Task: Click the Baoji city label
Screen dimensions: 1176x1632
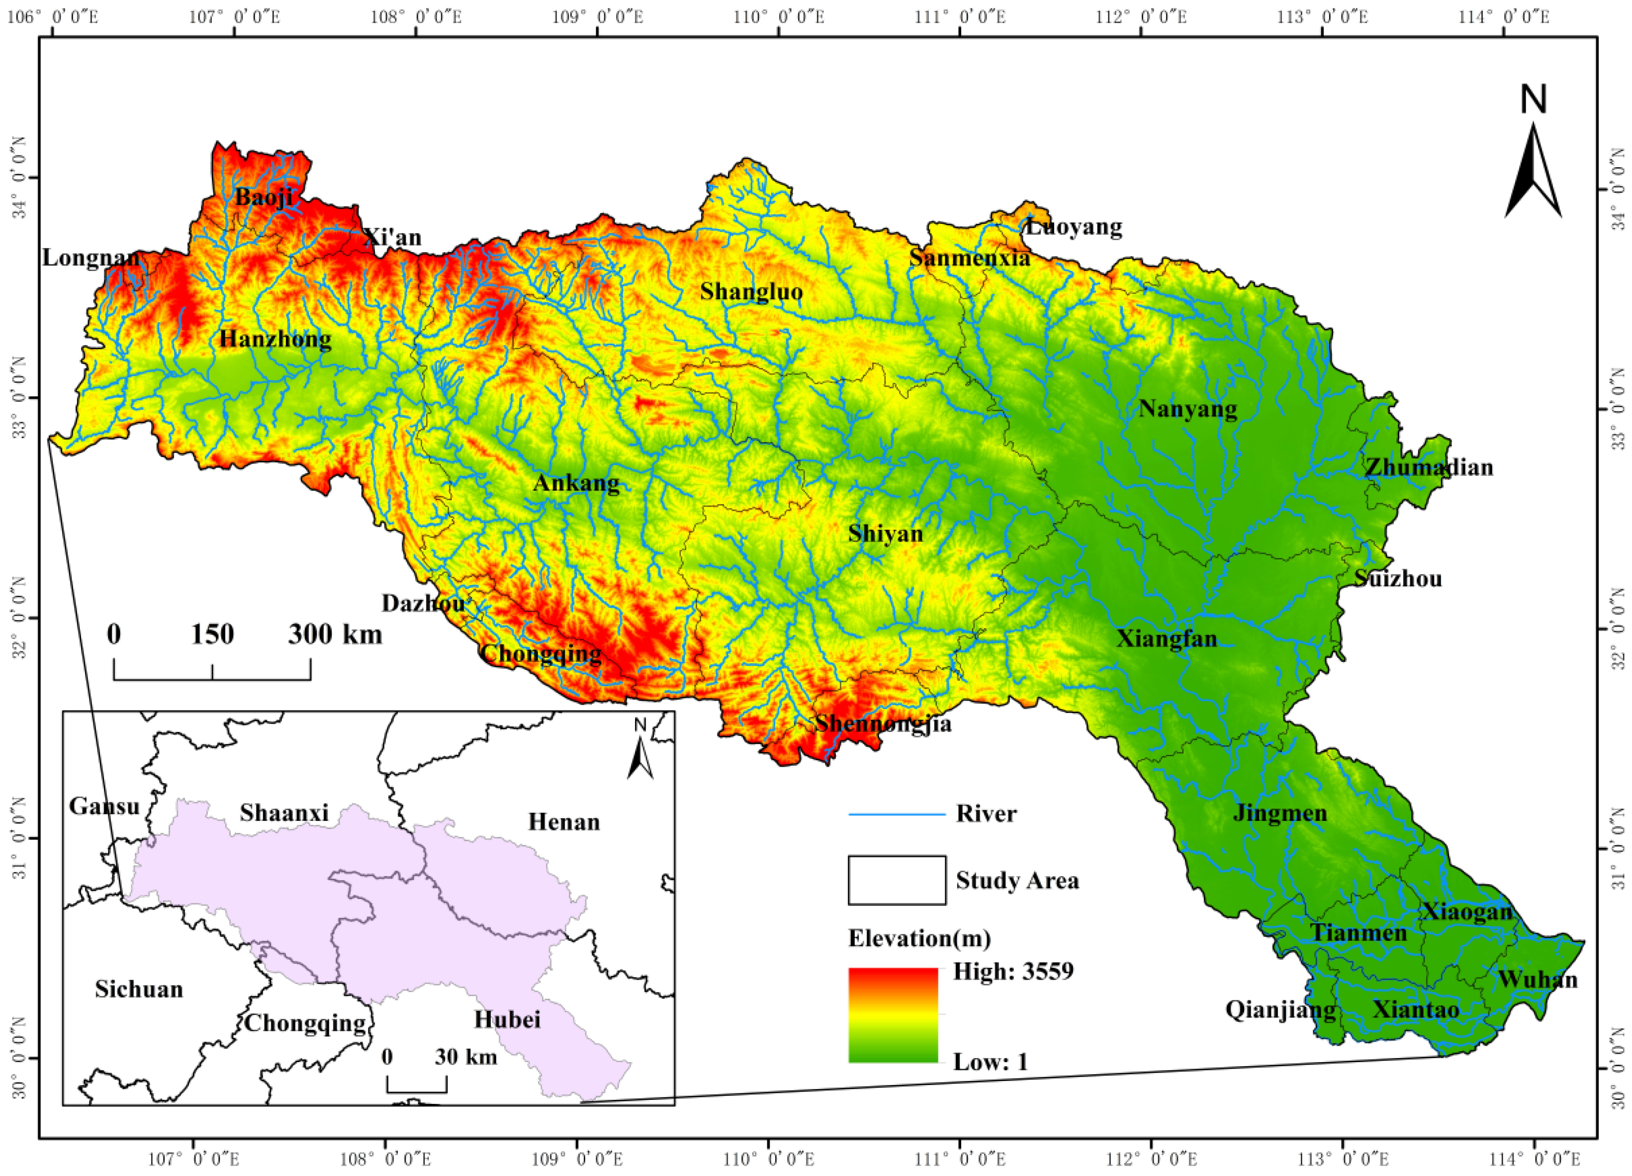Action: (x=264, y=196)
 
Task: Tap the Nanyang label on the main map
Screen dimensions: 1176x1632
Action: (x=1188, y=409)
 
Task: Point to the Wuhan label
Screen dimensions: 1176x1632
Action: (x=1538, y=980)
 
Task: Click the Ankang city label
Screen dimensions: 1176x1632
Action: (x=576, y=483)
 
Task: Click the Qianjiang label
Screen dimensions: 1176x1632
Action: (x=1281, y=1010)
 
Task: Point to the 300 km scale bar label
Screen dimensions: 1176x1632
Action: (x=335, y=634)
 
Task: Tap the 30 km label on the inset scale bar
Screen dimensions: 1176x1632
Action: (x=465, y=1057)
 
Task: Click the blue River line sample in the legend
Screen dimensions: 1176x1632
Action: (x=897, y=814)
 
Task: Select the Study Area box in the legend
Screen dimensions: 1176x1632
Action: (x=897, y=880)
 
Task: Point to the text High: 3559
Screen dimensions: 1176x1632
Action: (x=1013, y=971)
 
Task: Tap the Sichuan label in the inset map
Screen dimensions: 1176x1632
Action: (x=139, y=989)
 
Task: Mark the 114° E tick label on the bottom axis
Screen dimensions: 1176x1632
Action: (x=1538, y=1159)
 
